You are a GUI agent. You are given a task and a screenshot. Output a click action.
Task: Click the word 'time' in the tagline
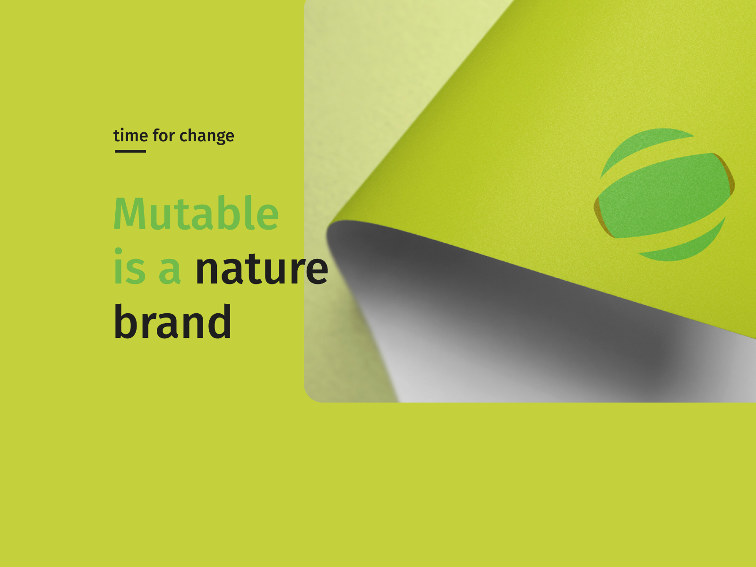pos(130,136)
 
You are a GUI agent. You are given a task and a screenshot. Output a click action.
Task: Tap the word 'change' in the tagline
pos(206,136)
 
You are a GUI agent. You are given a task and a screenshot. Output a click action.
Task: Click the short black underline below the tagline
pos(130,151)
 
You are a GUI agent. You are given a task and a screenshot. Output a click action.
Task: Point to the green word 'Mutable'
pos(196,214)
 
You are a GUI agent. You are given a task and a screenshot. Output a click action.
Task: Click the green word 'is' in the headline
pos(129,268)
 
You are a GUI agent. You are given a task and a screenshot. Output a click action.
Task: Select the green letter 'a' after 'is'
pos(170,271)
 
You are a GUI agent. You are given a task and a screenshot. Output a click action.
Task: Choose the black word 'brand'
pos(173,322)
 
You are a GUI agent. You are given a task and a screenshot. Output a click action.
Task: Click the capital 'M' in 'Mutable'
pos(130,214)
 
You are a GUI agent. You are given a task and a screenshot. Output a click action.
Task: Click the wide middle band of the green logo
pos(664,194)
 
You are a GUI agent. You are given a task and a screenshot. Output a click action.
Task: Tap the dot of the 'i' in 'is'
pos(119,251)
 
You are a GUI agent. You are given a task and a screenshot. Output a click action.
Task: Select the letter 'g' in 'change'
pos(214,137)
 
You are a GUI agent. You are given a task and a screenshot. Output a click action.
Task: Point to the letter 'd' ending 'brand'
pos(220,321)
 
